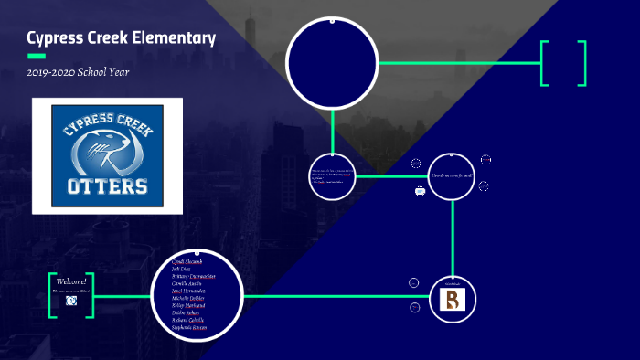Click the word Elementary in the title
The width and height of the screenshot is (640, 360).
173,38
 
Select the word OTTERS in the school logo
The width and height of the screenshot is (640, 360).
108,186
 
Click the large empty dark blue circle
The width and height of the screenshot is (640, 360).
332,62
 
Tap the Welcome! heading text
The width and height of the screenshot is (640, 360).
71,281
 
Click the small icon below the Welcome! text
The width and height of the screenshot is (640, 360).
71,301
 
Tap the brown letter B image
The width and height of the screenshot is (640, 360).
453,299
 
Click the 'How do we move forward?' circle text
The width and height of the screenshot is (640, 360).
453,175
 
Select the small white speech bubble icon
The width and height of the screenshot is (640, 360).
420,191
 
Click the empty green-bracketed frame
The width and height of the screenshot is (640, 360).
563,63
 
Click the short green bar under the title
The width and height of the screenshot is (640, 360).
37,56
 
